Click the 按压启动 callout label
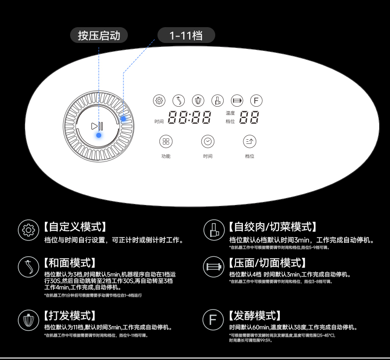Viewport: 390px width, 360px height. point(102,35)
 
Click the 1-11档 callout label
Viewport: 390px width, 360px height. point(186,35)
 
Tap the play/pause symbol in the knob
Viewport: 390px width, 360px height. point(97,126)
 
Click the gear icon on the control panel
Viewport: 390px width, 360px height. point(159,101)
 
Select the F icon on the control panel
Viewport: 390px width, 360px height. point(255,101)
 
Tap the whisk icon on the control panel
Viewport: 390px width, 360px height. point(197,101)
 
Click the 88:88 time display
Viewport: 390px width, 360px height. point(190,118)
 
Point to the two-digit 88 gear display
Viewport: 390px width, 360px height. point(250,118)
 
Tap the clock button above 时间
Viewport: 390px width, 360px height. point(208,142)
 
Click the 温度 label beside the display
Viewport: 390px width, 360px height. point(230,113)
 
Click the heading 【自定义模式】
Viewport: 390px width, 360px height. point(75,227)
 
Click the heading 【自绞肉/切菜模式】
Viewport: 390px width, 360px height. point(273,227)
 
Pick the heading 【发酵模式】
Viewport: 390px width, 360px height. point(255,316)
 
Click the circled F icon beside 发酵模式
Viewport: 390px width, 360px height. point(213,320)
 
